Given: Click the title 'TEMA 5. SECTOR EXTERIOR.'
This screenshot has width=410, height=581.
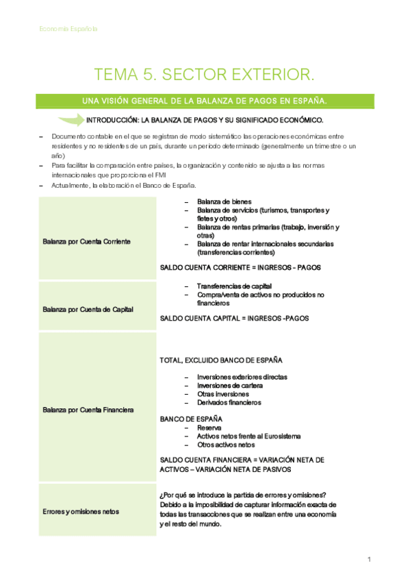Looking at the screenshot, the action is coord(205,74).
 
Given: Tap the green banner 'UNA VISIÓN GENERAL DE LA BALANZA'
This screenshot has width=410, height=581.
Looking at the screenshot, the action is coord(205,101).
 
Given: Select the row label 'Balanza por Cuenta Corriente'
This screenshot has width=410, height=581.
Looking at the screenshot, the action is coord(86,242).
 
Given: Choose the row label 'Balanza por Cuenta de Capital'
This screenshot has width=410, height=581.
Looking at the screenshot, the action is coord(88,309).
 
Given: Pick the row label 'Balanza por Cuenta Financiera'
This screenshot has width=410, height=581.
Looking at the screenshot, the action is coord(88,410).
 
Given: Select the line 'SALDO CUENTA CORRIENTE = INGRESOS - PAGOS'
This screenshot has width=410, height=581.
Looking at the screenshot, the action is coord(240,267).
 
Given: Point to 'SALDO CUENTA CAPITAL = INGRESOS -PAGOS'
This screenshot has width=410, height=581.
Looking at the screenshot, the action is coord(234,318).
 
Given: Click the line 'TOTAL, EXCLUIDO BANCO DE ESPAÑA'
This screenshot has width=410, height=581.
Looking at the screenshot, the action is coord(221,360).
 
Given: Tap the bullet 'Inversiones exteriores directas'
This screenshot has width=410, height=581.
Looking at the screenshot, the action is coord(242,377).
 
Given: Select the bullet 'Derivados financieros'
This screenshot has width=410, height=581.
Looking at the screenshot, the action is coord(229,402).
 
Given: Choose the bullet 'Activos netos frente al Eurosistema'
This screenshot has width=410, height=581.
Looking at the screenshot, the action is coord(248,436).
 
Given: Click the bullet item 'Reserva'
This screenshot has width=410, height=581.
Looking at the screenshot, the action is coord(209,428).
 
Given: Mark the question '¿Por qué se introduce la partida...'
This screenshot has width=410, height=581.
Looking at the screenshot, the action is coord(242,496).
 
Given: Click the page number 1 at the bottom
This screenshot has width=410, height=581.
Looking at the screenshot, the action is coord(369,560).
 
